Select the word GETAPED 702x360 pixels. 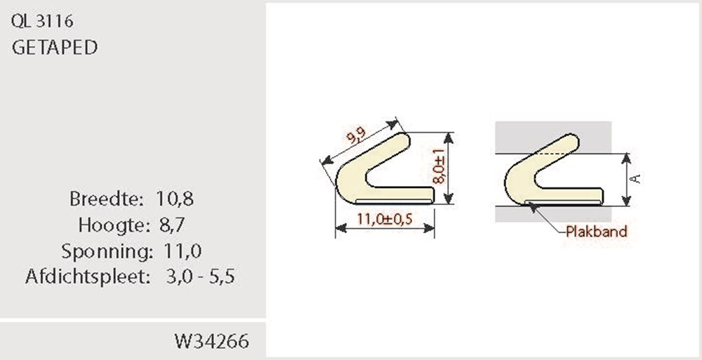point(55,48)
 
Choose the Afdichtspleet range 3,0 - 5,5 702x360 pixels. point(200,276)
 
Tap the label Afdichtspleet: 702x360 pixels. point(88,276)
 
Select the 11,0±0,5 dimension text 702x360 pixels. point(384,219)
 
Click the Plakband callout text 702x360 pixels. point(597,232)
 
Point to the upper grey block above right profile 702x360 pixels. point(519,133)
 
